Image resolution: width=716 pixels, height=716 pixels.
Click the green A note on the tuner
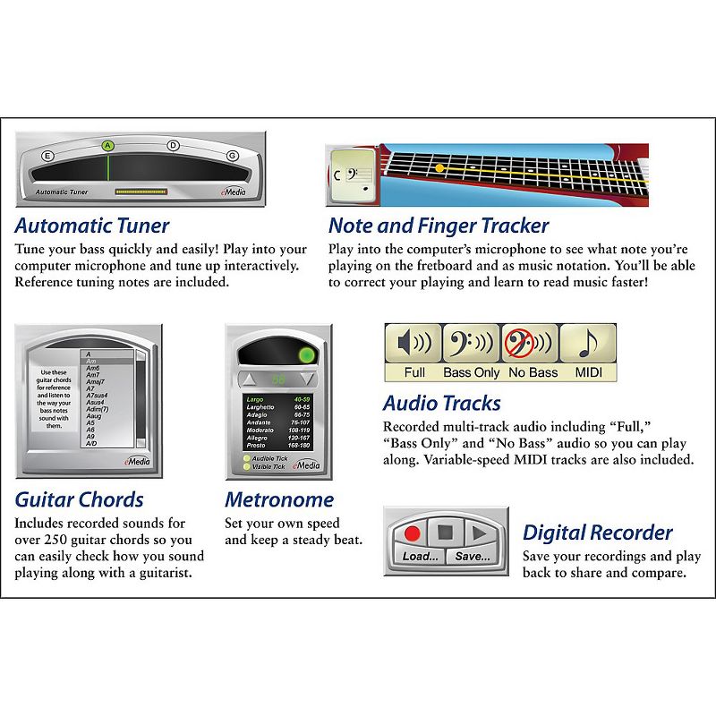(107, 145)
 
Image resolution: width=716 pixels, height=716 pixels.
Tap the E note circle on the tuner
(48, 155)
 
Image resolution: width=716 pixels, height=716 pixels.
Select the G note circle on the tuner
(232, 155)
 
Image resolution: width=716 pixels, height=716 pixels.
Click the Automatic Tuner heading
(92, 226)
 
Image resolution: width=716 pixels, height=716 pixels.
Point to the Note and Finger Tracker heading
(439, 226)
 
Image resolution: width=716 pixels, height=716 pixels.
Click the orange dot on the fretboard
(439, 167)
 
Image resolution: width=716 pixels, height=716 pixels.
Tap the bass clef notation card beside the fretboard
(350, 173)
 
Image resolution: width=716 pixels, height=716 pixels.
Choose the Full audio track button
(414, 353)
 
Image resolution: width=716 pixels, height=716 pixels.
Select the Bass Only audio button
(472, 353)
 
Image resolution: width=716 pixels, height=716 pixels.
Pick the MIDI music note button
(587, 353)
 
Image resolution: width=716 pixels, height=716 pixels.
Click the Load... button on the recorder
(420, 556)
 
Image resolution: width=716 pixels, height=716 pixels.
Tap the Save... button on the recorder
(472, 556)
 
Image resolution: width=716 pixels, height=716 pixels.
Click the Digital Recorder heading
(597, 533)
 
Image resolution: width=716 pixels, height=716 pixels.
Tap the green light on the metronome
(306, 355)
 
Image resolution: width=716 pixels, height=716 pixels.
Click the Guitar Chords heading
(80, 499)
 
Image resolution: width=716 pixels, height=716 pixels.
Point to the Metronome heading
(279, 499)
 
